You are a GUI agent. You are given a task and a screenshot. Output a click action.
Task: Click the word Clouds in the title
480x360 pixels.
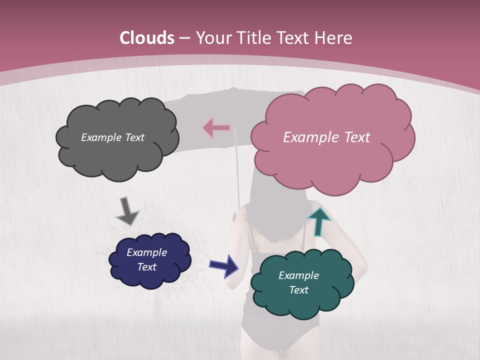pyautogui.click(x=147, y=38)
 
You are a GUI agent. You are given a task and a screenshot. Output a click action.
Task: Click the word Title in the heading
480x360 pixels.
pyautogui.click(x=254, y=38)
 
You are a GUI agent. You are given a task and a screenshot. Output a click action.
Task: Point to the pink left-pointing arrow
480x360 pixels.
pyautogui.click(x=216, y=128)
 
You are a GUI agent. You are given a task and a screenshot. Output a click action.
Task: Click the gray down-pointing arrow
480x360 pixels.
pyautogui.click(x=126, y=211)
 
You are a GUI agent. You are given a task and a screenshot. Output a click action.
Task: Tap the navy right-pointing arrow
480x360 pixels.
pyautogui.click(x=224, y=265)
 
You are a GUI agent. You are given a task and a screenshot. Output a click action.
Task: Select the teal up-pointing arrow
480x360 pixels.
pyautogui.click(x=318, y=221)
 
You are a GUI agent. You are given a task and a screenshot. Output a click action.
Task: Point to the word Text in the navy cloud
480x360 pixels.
pyautogui.click(x=147, y=267)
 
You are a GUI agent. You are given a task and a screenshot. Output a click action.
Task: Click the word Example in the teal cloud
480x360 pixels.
pyautogui.click(x=298, y=275)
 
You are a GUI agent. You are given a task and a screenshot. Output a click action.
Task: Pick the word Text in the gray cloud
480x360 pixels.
pyautogui.click(x=134, y=137)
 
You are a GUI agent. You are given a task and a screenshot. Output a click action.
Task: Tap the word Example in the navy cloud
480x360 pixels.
pyautogui.click(x=147, y=252)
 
